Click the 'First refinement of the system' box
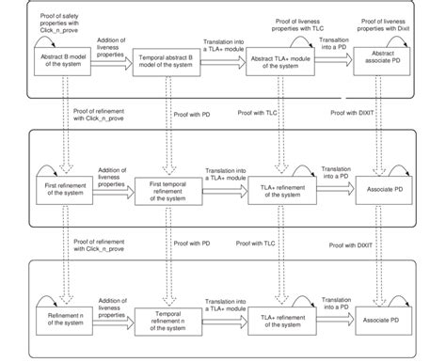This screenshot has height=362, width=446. pos(62,187)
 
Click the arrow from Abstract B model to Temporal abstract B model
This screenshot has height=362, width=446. pos(112,67)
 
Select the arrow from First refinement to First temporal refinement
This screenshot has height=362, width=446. pos(112,188)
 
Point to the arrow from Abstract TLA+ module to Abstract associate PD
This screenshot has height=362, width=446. pos(334,67)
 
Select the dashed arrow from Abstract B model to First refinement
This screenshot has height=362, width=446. pos(62,122)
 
